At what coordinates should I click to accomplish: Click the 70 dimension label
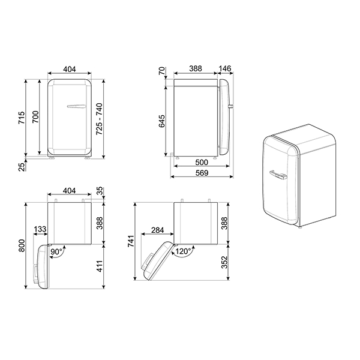(x=161, y=71)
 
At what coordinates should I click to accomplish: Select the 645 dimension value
(x=161, y=121)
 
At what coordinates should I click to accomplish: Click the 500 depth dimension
(x=201, y=163)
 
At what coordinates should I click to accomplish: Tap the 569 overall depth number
(x=201, y=173)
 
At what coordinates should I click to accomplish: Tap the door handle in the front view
(x=77, y=107)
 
